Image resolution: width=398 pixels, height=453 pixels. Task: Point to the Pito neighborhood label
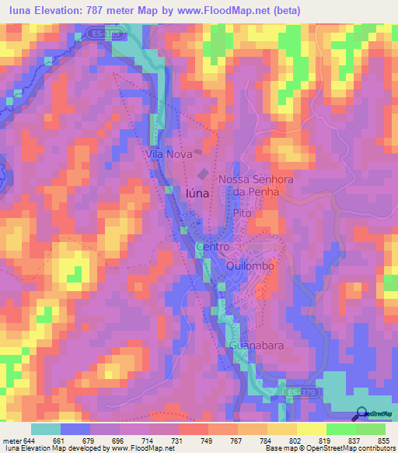[x=245, y=211]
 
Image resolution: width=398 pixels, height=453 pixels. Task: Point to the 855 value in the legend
[x=384, y=440]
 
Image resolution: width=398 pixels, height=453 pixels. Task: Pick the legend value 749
[x=208, y=440]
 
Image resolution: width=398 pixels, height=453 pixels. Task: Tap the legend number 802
[x=296, y=440]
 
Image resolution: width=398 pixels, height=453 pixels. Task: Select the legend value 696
[x=119, y=440]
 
